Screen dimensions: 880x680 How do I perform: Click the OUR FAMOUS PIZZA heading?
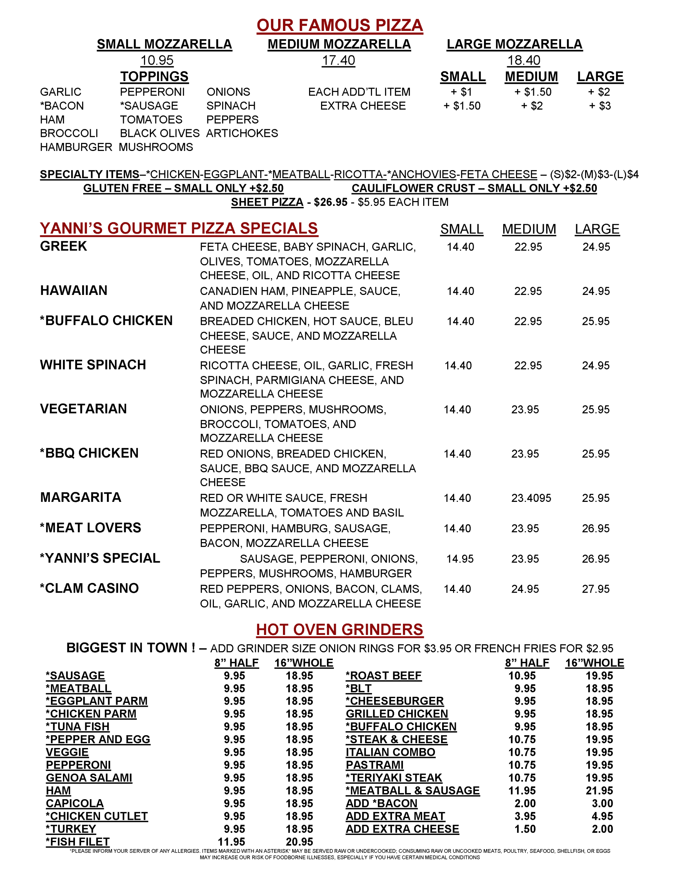(x=339, y=25)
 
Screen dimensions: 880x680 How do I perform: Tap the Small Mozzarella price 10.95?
(x=157, y=60)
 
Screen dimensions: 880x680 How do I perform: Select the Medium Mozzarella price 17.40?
(x=338, y=60)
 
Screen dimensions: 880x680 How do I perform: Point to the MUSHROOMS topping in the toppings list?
(x=156, y=147)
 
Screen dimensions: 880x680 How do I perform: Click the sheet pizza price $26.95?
(x=330, y=202)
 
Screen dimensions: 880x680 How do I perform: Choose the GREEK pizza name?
(x=64, y=246)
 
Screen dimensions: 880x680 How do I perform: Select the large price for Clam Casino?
(x=595, y=589)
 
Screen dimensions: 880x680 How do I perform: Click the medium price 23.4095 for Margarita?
(x=531, y=498)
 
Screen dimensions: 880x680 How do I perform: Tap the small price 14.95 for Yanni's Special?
(x=460, y=559)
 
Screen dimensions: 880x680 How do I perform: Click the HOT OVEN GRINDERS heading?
(x=339, y=630)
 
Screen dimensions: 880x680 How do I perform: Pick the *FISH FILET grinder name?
(x=78, y=842)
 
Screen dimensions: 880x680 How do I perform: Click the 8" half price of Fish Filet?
(x=231, y=842)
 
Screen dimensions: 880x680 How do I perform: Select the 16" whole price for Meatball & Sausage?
(x=599, y=791)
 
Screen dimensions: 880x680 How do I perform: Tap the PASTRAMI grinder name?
(x=374, y=765)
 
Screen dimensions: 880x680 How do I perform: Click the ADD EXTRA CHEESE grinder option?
(x=402, y=829)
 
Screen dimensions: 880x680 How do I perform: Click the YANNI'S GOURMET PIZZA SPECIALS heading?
(x=179, y=229)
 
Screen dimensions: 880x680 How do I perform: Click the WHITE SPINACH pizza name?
(x=93, y=365)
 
